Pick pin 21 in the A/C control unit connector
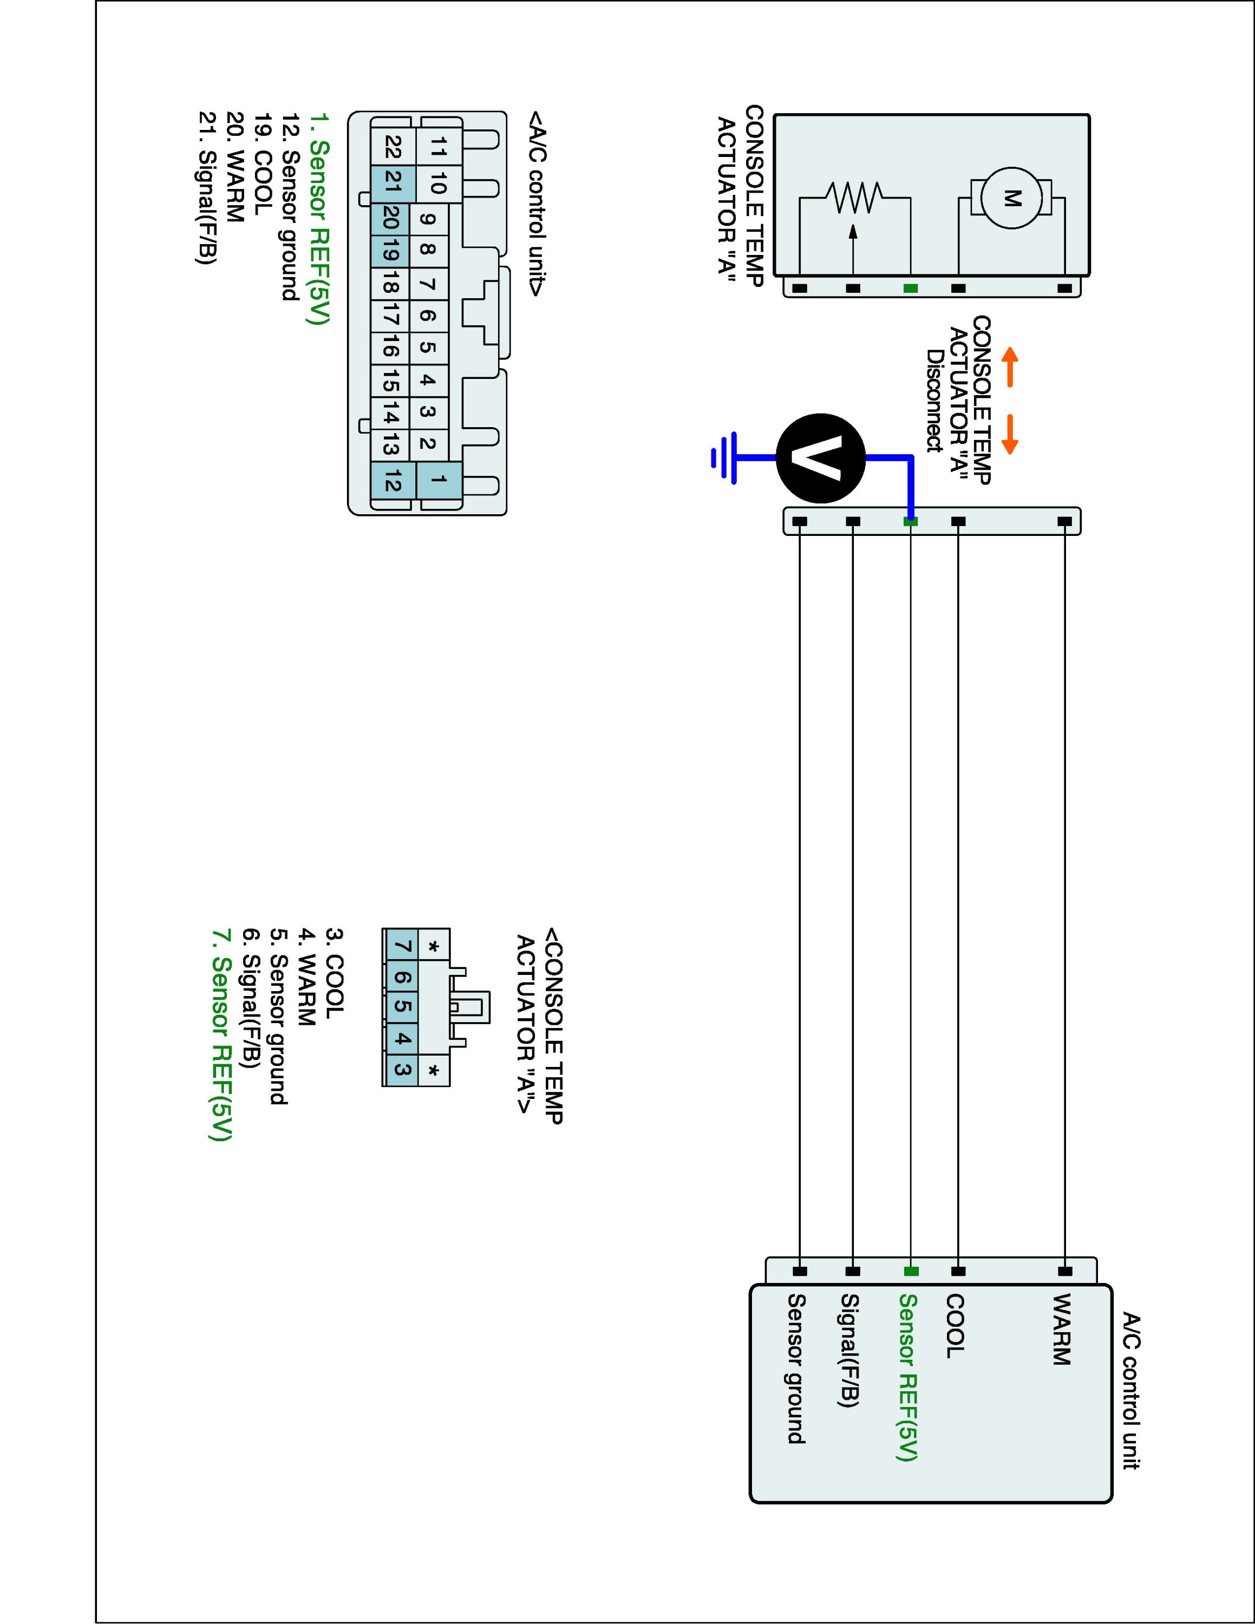tap(393, 183)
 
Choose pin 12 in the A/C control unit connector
tap(393, 481)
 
